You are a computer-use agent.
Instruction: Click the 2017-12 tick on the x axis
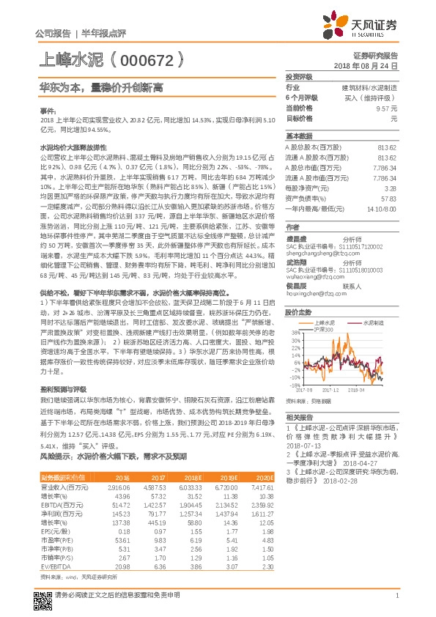[x=336, y=391]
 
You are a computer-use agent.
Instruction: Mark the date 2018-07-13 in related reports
[x=308, y=446]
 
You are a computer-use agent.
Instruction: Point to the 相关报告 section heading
[x=299, y=415]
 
